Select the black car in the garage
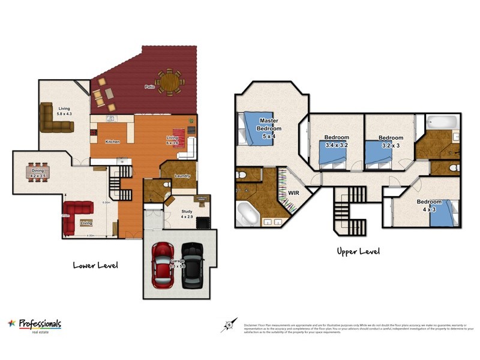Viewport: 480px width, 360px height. point(191,264)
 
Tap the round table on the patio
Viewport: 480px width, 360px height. point(170,82)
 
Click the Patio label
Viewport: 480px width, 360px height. point(149,87)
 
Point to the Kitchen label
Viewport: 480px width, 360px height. point(112,142)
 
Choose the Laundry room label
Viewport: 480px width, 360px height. point(182,176)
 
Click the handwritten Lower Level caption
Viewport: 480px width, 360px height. point(95,265)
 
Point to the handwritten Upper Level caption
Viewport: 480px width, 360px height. point(358,251)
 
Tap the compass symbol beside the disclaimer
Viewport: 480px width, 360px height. point(229,326)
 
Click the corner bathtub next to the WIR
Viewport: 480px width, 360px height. point(247,214)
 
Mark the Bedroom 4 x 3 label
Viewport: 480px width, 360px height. point(429,205)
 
